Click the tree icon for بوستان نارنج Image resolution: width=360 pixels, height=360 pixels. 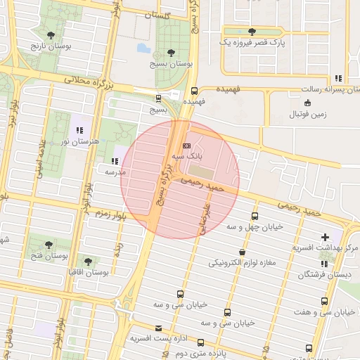[x=51, y=34]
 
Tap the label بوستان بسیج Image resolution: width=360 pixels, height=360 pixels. [x=171, y=63]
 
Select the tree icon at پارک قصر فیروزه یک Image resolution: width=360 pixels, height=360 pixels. [x=252, y=32]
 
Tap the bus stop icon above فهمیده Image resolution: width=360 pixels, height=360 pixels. [x=195, y=90]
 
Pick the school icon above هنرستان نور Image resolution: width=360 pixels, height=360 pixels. [x=81, y=130]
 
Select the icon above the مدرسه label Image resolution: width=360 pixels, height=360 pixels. [x=115, y=161]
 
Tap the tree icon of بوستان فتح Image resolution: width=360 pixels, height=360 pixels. [x=48, y=245]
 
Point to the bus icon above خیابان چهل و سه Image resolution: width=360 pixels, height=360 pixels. [x=254, y=216]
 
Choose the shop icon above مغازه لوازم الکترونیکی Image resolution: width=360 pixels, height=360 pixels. [x=242, y=252]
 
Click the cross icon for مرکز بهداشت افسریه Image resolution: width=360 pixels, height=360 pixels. [x=324, y=238]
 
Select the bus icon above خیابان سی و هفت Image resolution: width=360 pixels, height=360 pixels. [x=324, y=301]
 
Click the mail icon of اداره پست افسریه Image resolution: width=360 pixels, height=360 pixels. [x=158, y=328]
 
